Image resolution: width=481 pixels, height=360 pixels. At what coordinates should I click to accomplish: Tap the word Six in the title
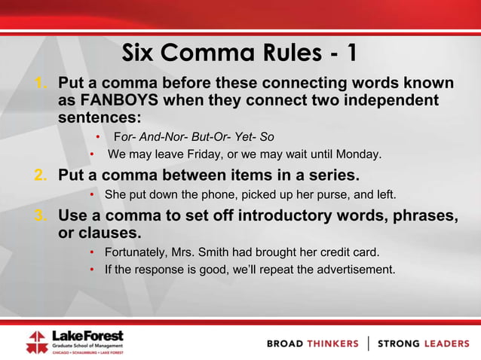(x=143, y=53)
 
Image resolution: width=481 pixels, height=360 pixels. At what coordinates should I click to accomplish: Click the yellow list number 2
(x=41, y=176)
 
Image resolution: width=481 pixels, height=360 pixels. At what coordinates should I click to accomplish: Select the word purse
(x=324, y=195)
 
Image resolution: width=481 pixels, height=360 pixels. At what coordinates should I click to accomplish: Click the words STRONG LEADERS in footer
(x=423, y=343)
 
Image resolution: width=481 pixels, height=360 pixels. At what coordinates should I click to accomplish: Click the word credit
(x=337, y=251)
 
